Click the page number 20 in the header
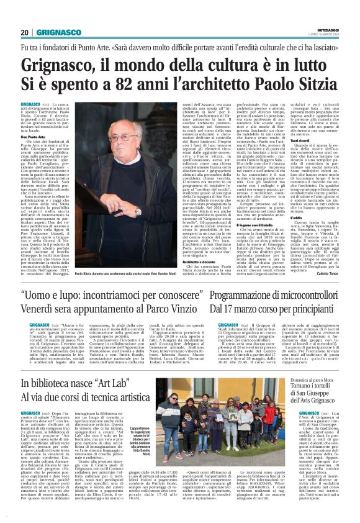coord(25,32)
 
